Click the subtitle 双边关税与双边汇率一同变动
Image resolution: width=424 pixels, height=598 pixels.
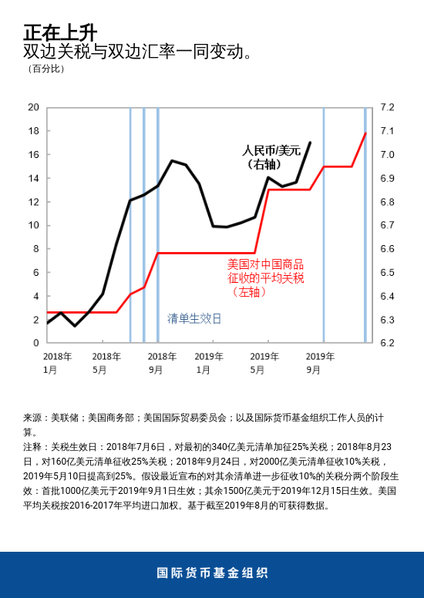(139, 52)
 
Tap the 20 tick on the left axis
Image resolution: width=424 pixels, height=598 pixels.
(33, 107)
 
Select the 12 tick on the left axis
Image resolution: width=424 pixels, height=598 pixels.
(33, 202)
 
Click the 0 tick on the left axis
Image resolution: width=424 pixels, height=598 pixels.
(35, 343)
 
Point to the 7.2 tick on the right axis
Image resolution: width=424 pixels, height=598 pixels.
(387, 107)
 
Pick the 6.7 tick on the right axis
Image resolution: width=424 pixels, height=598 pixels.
(387, 225)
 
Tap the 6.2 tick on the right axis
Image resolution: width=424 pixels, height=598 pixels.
(387, 343)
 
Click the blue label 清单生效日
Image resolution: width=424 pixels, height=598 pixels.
(194, 318)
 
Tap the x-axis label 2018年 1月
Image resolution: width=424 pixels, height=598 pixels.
(57, 363)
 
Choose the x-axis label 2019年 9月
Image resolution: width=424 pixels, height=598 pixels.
(320, 363)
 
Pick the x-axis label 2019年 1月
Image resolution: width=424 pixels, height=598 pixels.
(208, 363)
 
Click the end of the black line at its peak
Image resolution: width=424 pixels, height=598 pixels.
(310, 143)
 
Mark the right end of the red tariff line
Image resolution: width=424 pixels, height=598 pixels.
(365, 133)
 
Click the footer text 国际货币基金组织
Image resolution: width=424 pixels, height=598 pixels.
(212, 573)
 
